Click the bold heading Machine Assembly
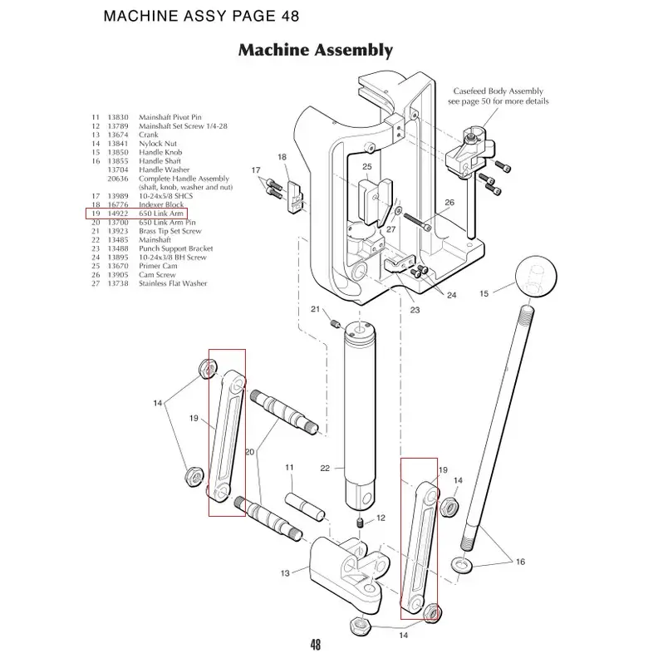pyautogui.click(x=315, y=50)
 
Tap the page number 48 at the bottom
pyautogui.click(x=315, y=645)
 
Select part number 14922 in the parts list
pyautogui.click(x=120, y=214)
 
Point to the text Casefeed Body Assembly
pyautogui.click(x=498, y=91)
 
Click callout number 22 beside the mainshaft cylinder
pyautogui.click(x=326, y=468)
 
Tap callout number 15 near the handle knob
pyautogui.click(x=485, y=293)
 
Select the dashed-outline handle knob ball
pyautogui.click(x=536, y=279)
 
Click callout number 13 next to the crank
pyautogui.click(x=285, y=573)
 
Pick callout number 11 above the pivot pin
pyautogui.click(x=290, y=468)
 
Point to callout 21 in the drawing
pyautogui.click(x=316, y=309)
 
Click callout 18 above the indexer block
pyautogui.click(x=282, y=157)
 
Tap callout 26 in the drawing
pyautogui.click(x=449, y=202)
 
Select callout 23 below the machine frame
pyautogui.click(x=415, y=310)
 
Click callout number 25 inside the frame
pyautogui.click(x=366, y=167)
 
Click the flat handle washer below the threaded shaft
pyautogui.click(x=459, y=566)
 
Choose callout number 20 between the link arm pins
pyautogui.click(x=248, y=451)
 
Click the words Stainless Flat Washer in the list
pyautogui.click(x=173, y=283)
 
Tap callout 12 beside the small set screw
pyautogui.click(x=381, y=518)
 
